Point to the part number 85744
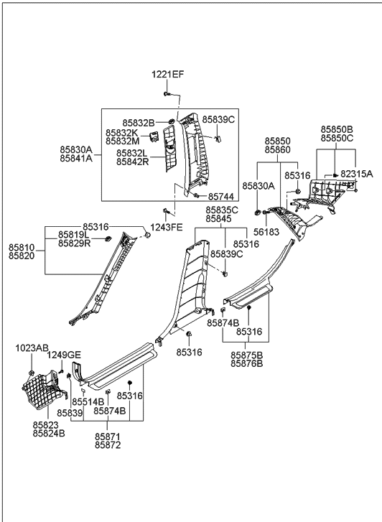222,196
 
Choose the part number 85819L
74,235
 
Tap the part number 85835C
222,210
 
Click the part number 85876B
246,365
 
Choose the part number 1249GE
64,355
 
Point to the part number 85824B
48,434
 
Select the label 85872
108,446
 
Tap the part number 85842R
132,163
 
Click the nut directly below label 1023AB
33,371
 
